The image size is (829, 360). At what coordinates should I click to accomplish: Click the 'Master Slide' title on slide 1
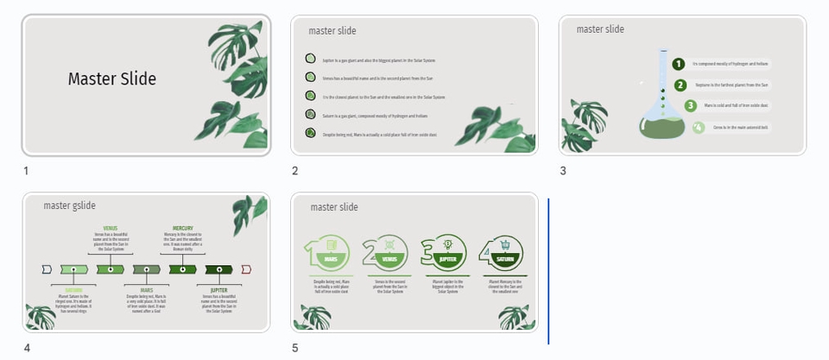point(111,79)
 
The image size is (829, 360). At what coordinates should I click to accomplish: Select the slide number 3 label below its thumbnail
point(562,171)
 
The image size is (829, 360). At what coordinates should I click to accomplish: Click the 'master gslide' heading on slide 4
point(70,205)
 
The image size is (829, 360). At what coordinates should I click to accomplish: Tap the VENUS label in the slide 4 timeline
point(111,229)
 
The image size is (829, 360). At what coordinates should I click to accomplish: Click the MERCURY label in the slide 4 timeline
point(182,229)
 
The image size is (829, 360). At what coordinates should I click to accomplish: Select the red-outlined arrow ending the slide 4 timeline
point(246,269)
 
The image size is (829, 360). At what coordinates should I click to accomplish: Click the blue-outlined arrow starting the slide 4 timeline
point(47,269)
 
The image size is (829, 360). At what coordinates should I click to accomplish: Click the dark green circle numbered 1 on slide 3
point(679,64)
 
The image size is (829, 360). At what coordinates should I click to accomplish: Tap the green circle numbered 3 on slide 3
point(690,106)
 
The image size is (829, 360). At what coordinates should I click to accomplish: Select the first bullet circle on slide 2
point(310,60)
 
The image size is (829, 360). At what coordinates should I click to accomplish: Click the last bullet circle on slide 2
point(310,134)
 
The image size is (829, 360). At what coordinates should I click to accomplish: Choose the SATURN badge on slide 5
point(505,258)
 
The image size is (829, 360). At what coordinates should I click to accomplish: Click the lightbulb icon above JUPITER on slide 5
point(447,244)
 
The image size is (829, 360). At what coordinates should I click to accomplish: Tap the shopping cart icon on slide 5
point(505,244)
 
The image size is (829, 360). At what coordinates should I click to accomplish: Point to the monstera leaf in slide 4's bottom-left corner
point(40,317)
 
